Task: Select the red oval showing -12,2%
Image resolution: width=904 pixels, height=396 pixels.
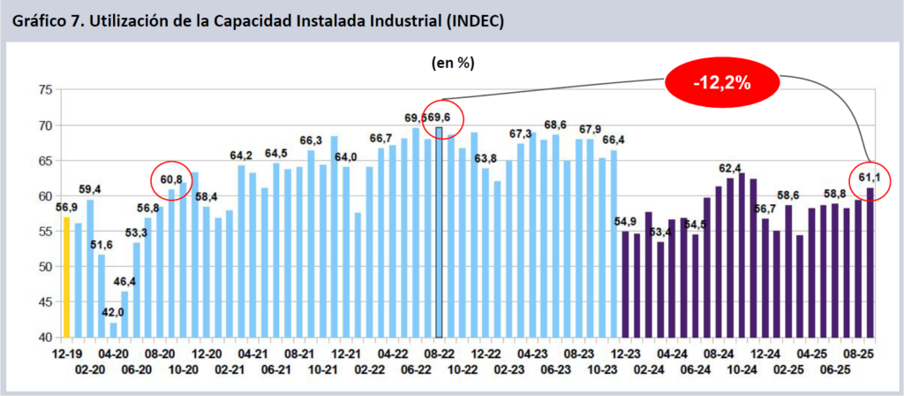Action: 722,84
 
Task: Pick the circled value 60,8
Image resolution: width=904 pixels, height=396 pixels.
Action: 171,180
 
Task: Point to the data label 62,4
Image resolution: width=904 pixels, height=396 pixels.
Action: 729,168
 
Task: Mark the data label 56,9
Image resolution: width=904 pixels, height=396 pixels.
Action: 65,209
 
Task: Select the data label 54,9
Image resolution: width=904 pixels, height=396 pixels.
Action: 625,222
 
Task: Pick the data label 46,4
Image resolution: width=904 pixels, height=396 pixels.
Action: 124,281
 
